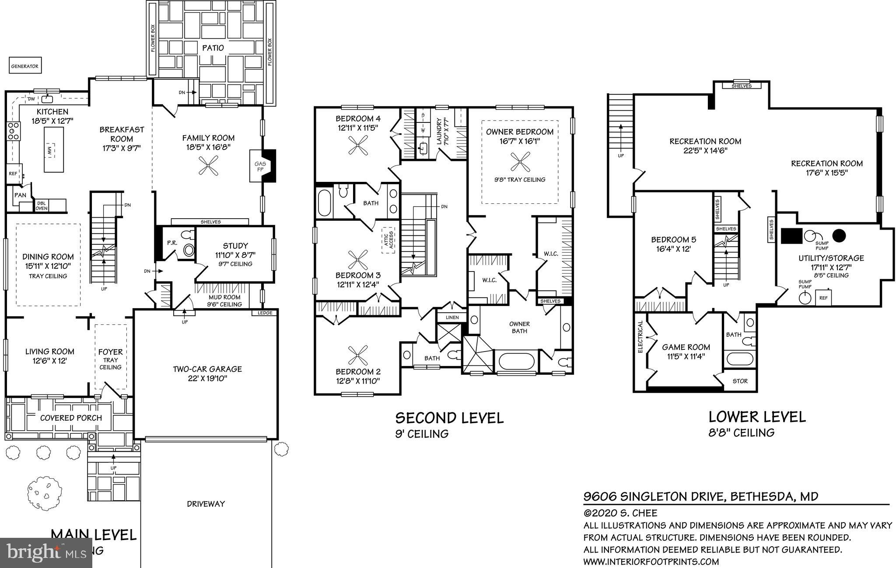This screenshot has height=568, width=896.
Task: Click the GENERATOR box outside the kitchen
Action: [x=25, y=66]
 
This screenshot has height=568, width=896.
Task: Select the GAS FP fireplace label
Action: [x=260, y=166]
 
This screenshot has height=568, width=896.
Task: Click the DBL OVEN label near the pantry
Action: [x=42, y=206]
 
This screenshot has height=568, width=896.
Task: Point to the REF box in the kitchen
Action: [x=13, y=174]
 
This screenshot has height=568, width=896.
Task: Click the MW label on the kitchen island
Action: [x=50, y=150]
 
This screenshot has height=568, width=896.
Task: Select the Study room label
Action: [x=235, y=246]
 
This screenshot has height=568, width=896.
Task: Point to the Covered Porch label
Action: [x=71, y=418]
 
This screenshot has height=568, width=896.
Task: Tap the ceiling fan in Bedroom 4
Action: [x=358, y=145]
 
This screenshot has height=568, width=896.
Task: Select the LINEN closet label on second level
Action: [x=452, y=317]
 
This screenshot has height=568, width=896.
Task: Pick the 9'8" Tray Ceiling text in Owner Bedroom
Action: [x=519, y=180]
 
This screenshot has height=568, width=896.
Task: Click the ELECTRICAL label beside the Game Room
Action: [x=640, y=337]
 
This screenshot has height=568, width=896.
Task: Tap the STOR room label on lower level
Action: [x=740, y=381]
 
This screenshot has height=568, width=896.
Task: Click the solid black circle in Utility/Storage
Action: [x=839, y=236]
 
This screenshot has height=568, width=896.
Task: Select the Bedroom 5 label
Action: [x=673, y=240]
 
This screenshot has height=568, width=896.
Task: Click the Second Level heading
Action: [x=449, y=418]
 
